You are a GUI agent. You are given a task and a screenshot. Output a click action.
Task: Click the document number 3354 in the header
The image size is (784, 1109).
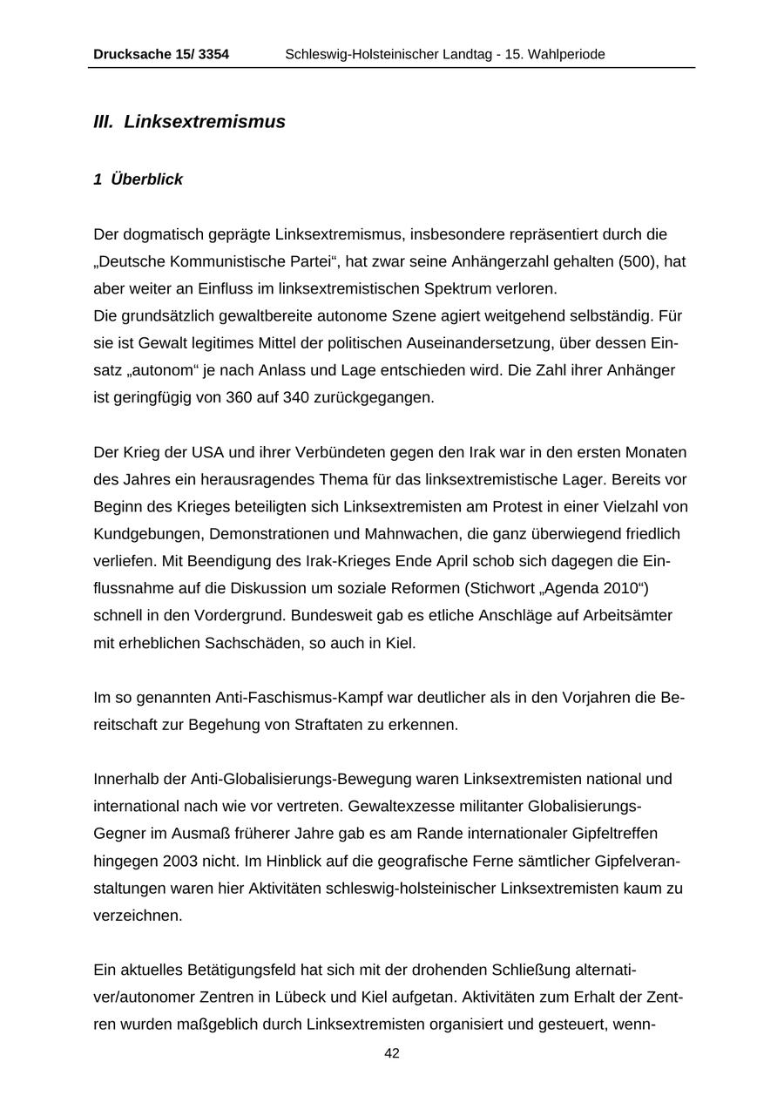click(x=213, y=55)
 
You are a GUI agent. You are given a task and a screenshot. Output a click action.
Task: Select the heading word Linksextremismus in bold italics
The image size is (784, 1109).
click(x=205, y=122)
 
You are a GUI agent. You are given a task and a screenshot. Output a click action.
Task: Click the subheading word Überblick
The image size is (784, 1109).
click(x=146, y=179)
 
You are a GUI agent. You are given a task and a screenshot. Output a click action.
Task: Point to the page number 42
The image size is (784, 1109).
click(x=392, y=1053)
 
